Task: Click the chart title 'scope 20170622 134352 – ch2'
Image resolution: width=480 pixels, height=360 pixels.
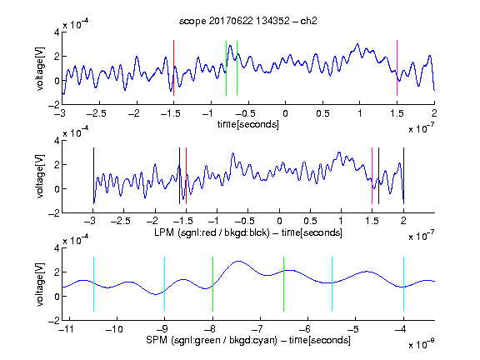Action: click(248, 21)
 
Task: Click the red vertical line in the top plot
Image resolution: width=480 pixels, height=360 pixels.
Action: click(173, 68)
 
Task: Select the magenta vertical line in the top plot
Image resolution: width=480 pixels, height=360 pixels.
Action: click(397, 68)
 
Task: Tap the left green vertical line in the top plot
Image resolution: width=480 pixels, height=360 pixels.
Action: click(226, 68)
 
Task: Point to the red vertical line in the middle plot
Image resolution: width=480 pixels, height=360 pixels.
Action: click(186, 176)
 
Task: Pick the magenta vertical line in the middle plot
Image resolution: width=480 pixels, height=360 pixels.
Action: click(372, 176)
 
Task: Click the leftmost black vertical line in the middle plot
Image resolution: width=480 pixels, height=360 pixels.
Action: click(93, 176)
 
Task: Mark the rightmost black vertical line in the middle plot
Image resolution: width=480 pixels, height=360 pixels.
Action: click(404, 176)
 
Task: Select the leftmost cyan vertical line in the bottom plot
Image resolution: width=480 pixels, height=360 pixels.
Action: click(93, 284)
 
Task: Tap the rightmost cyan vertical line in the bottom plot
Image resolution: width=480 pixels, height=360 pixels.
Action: click(404, 284)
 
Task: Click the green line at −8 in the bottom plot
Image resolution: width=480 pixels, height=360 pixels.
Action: click(212, 284)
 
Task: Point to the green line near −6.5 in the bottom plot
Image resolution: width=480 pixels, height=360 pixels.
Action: click(284, 284)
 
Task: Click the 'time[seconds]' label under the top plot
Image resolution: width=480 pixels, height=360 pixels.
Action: click(248, 124)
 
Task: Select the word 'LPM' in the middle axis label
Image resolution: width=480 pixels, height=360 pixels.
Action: click(164, 232)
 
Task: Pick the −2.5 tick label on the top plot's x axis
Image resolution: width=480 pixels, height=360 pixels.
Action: click(97, 113)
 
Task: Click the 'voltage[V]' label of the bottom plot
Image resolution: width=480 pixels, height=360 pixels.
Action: click(40, 284)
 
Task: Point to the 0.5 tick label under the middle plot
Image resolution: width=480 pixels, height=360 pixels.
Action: click(310, 221)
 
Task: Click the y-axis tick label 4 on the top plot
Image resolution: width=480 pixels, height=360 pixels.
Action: click(57, 32)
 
